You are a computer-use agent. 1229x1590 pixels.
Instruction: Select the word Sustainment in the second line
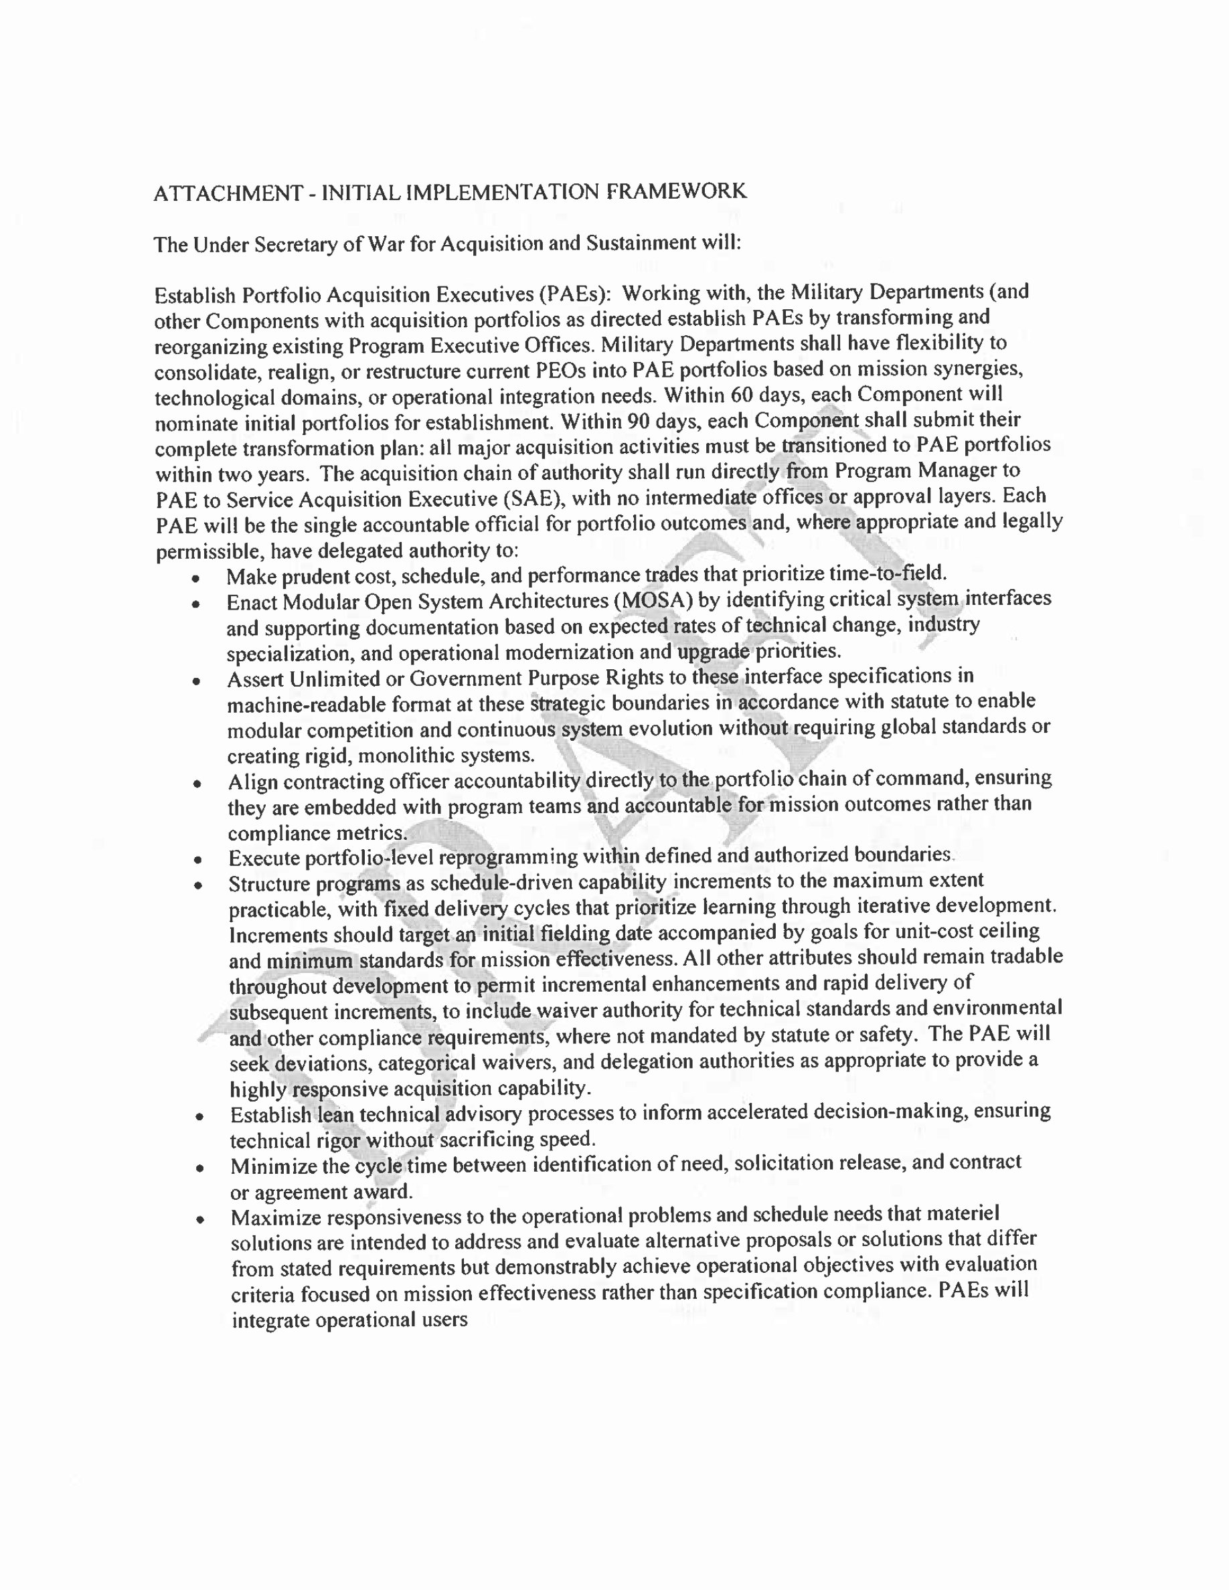(x=641, y=242)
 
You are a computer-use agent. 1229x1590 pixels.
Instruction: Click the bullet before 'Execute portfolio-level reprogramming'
(x=197, y=861)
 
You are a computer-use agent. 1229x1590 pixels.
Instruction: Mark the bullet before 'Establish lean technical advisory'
(x=199, y=1116)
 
